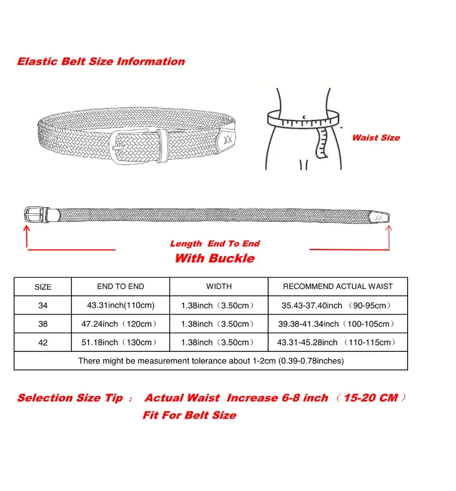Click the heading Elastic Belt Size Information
coord(101,61)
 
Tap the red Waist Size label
coord(376,138)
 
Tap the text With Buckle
coord(214,258)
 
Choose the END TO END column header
coord(120,287)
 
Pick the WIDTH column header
coord(219,287)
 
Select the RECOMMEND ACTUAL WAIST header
coord(338,287)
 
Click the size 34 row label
coord(43,305)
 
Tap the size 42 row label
coord(43,342)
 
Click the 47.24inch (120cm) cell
coord(119,324)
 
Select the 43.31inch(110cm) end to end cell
coord(121,305)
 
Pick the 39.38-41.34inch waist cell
coord(337,324)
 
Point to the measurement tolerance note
coord(211,361)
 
